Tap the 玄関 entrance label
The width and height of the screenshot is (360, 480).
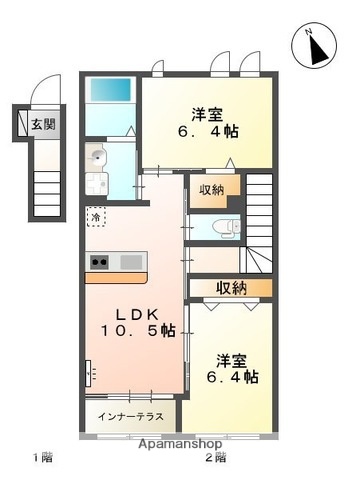[43, 125]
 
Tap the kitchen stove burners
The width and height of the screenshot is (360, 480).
[101, 262]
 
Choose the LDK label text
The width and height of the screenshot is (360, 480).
[131, 312]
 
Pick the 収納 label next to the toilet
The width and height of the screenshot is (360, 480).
[212, 190]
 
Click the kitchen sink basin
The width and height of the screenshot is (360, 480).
[131, 262]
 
